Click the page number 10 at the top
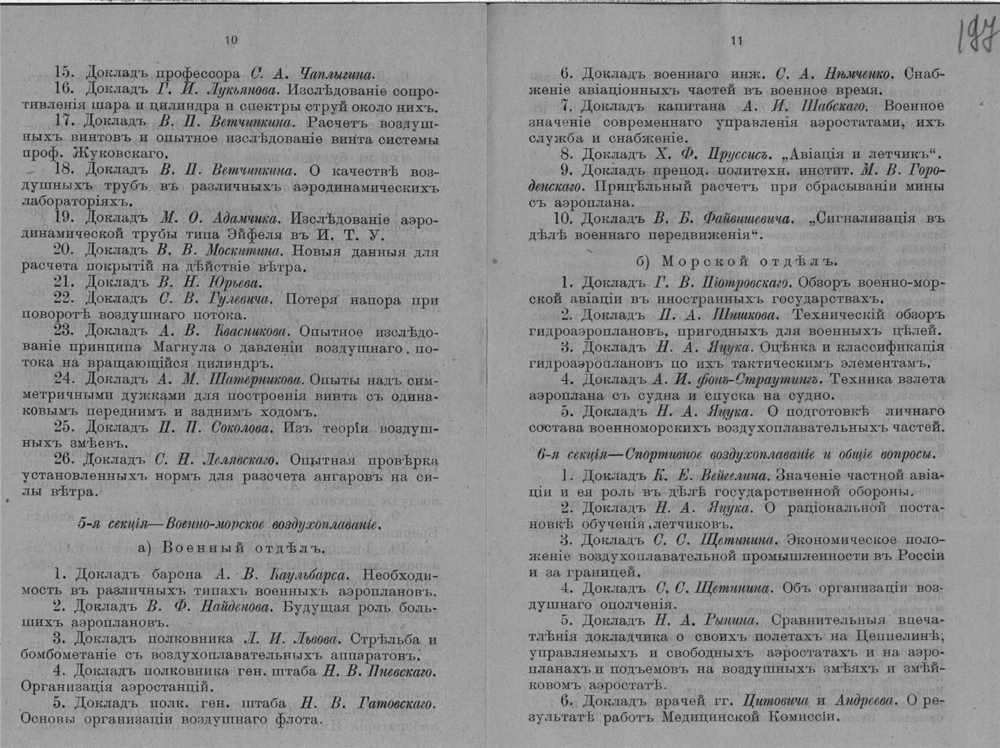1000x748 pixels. (x=231, y=40)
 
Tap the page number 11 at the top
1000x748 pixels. (x=737, y=41)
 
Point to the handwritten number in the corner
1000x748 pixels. (x=976, y=36)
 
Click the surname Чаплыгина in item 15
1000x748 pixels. (x=336, y=73)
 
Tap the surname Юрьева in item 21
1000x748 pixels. (x=235, y=283)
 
